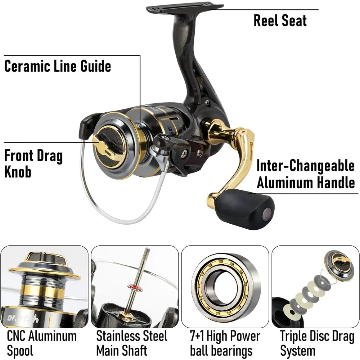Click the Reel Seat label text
point(280,21)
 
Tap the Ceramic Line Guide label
point(58,66)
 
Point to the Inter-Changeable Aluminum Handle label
point(305,174)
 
